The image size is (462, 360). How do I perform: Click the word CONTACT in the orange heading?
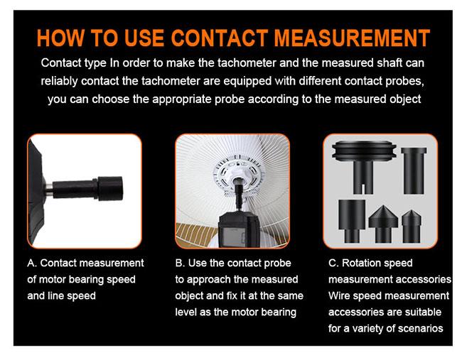pyautogui.click(x=220, y=38)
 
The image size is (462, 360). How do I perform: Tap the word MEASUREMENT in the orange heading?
pyautogui.click(x=352, y=38)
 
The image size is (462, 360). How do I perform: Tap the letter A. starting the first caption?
pyautogui.click(x=32, y=263)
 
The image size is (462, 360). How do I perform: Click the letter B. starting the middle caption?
pyautogui.click(x=180, y=263)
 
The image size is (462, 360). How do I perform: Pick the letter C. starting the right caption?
pyautogui.click(x=333, y=263)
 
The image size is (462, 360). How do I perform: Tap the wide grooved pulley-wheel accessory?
pyautogui.click(x=364, y=166)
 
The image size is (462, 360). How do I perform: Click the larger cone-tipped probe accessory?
pyautogui.click(x=383, y=224)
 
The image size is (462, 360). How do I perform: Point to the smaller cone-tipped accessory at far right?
pyautogui.click(x=412, y=226)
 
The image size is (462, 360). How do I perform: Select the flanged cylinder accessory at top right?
pyautogui.click(x=414, y=170)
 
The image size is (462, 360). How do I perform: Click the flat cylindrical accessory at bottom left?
pyautogui.click(x=352, y=221)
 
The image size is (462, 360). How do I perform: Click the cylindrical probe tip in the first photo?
pyautogui.click(x=110, y=188)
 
